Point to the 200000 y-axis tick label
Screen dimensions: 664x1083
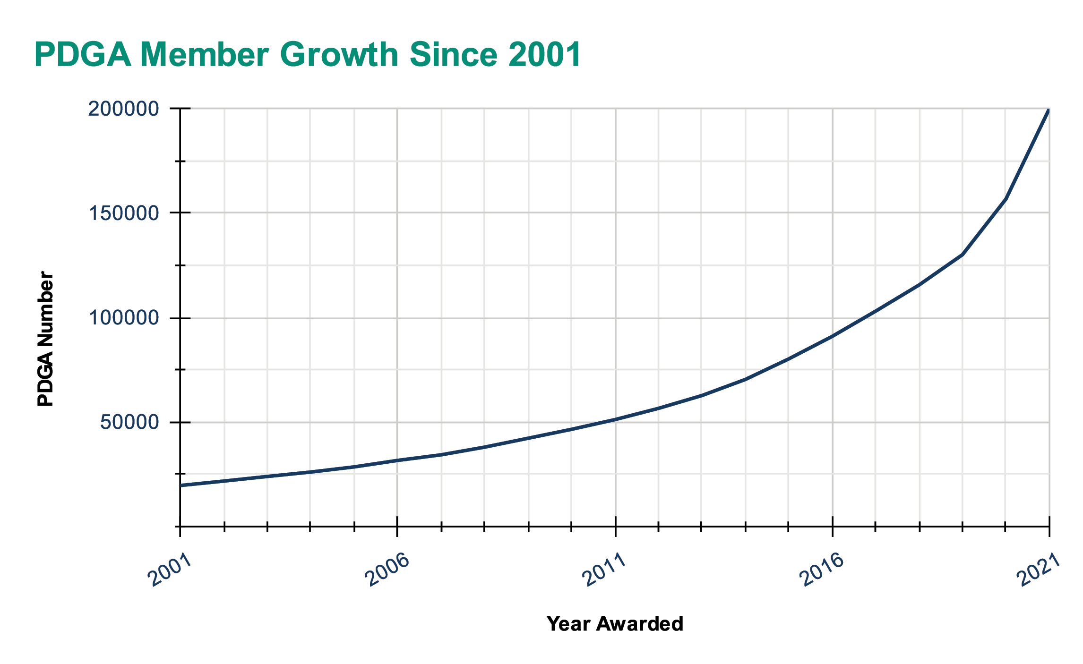pos(124,109)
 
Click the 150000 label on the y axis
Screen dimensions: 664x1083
pos(124,213)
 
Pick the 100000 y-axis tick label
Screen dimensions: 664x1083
pos(124,318)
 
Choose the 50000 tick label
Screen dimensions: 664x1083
pos(129,422)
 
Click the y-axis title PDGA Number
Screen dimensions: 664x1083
pos(46,339)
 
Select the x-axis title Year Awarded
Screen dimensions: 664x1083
pos(615,624)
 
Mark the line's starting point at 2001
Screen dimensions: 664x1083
pos(180,485)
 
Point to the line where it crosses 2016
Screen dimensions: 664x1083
pos(832,336)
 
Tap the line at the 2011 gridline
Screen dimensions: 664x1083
pos(615,419)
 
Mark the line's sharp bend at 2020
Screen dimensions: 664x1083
pos(1006,199)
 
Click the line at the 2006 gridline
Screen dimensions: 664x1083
pos(397,460)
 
